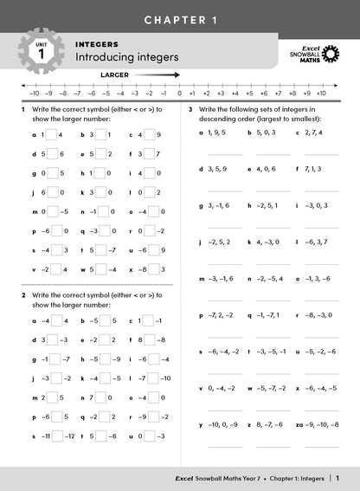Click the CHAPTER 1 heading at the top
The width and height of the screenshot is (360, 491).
pyautogui.click(x=180, y=18)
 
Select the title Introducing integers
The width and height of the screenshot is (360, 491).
pyautogui.click(x=126, y=57)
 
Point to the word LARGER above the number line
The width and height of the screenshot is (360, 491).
pyautogui.click(x=114, y=75)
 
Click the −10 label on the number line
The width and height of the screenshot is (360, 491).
pyautogui.click(x=34, y=92)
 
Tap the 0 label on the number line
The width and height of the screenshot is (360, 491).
pyautogui.click(x=179, y=92)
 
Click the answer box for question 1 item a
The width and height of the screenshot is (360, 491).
pyautogui.click(x=49, y=134)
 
